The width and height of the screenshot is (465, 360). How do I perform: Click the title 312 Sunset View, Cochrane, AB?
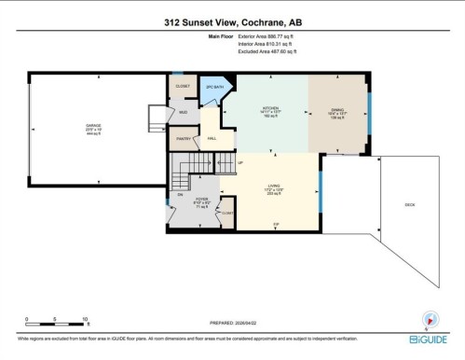coord(232,21)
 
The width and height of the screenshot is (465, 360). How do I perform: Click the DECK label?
coord(409,204)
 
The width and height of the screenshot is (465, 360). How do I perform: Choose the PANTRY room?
coord(184,139)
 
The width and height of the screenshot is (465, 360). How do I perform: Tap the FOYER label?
coord(202,200)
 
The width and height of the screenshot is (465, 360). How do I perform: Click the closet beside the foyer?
coord(226,215)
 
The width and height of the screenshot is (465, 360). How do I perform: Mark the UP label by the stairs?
coord(240,163)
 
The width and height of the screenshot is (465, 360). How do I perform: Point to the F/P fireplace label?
coord(276,226)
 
